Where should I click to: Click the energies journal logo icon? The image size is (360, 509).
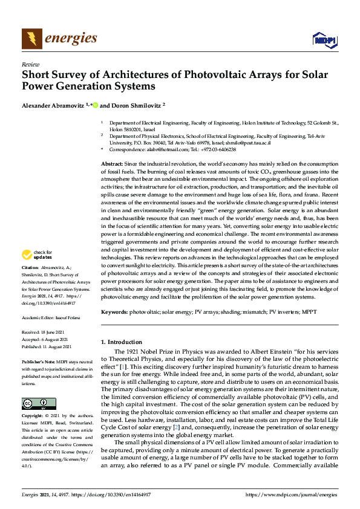32,39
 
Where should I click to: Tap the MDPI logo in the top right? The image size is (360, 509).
324,40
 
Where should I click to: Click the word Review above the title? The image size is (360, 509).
30,64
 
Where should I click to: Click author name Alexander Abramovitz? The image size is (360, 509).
52,105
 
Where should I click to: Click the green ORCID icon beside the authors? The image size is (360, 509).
96,105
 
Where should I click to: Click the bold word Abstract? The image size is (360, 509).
111,164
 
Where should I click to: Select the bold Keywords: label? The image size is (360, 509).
114,312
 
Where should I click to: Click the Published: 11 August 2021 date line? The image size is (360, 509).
47,346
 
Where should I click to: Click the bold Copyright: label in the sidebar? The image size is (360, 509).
32,417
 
